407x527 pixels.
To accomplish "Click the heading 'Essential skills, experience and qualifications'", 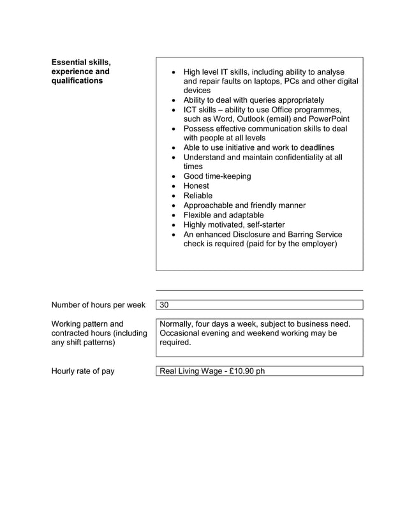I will [x=80, y=71].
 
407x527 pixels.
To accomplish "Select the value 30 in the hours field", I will [x=165, y=305].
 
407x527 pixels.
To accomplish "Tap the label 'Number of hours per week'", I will [x=98, y=305].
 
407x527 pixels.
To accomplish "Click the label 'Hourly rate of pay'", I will [x=82, y=371].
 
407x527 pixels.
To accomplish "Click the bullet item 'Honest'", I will [x=196, y=186].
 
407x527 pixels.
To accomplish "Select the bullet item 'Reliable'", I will [x=198, y=195].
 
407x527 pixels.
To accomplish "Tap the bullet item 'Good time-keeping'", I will [x=217, y=176].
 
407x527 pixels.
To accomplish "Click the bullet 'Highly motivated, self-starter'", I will [x=234, y=225].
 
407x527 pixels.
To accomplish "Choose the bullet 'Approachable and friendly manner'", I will [x=244, y=205].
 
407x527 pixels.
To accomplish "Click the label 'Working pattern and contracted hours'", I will [x=98, y=333].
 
